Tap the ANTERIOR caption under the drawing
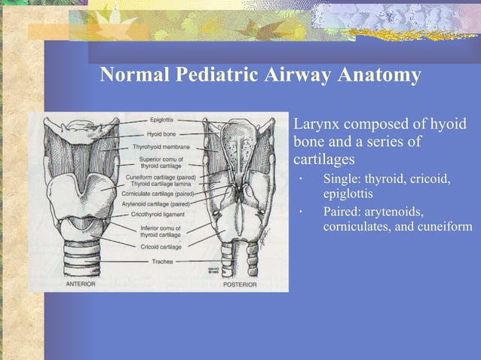pos(85,285)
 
